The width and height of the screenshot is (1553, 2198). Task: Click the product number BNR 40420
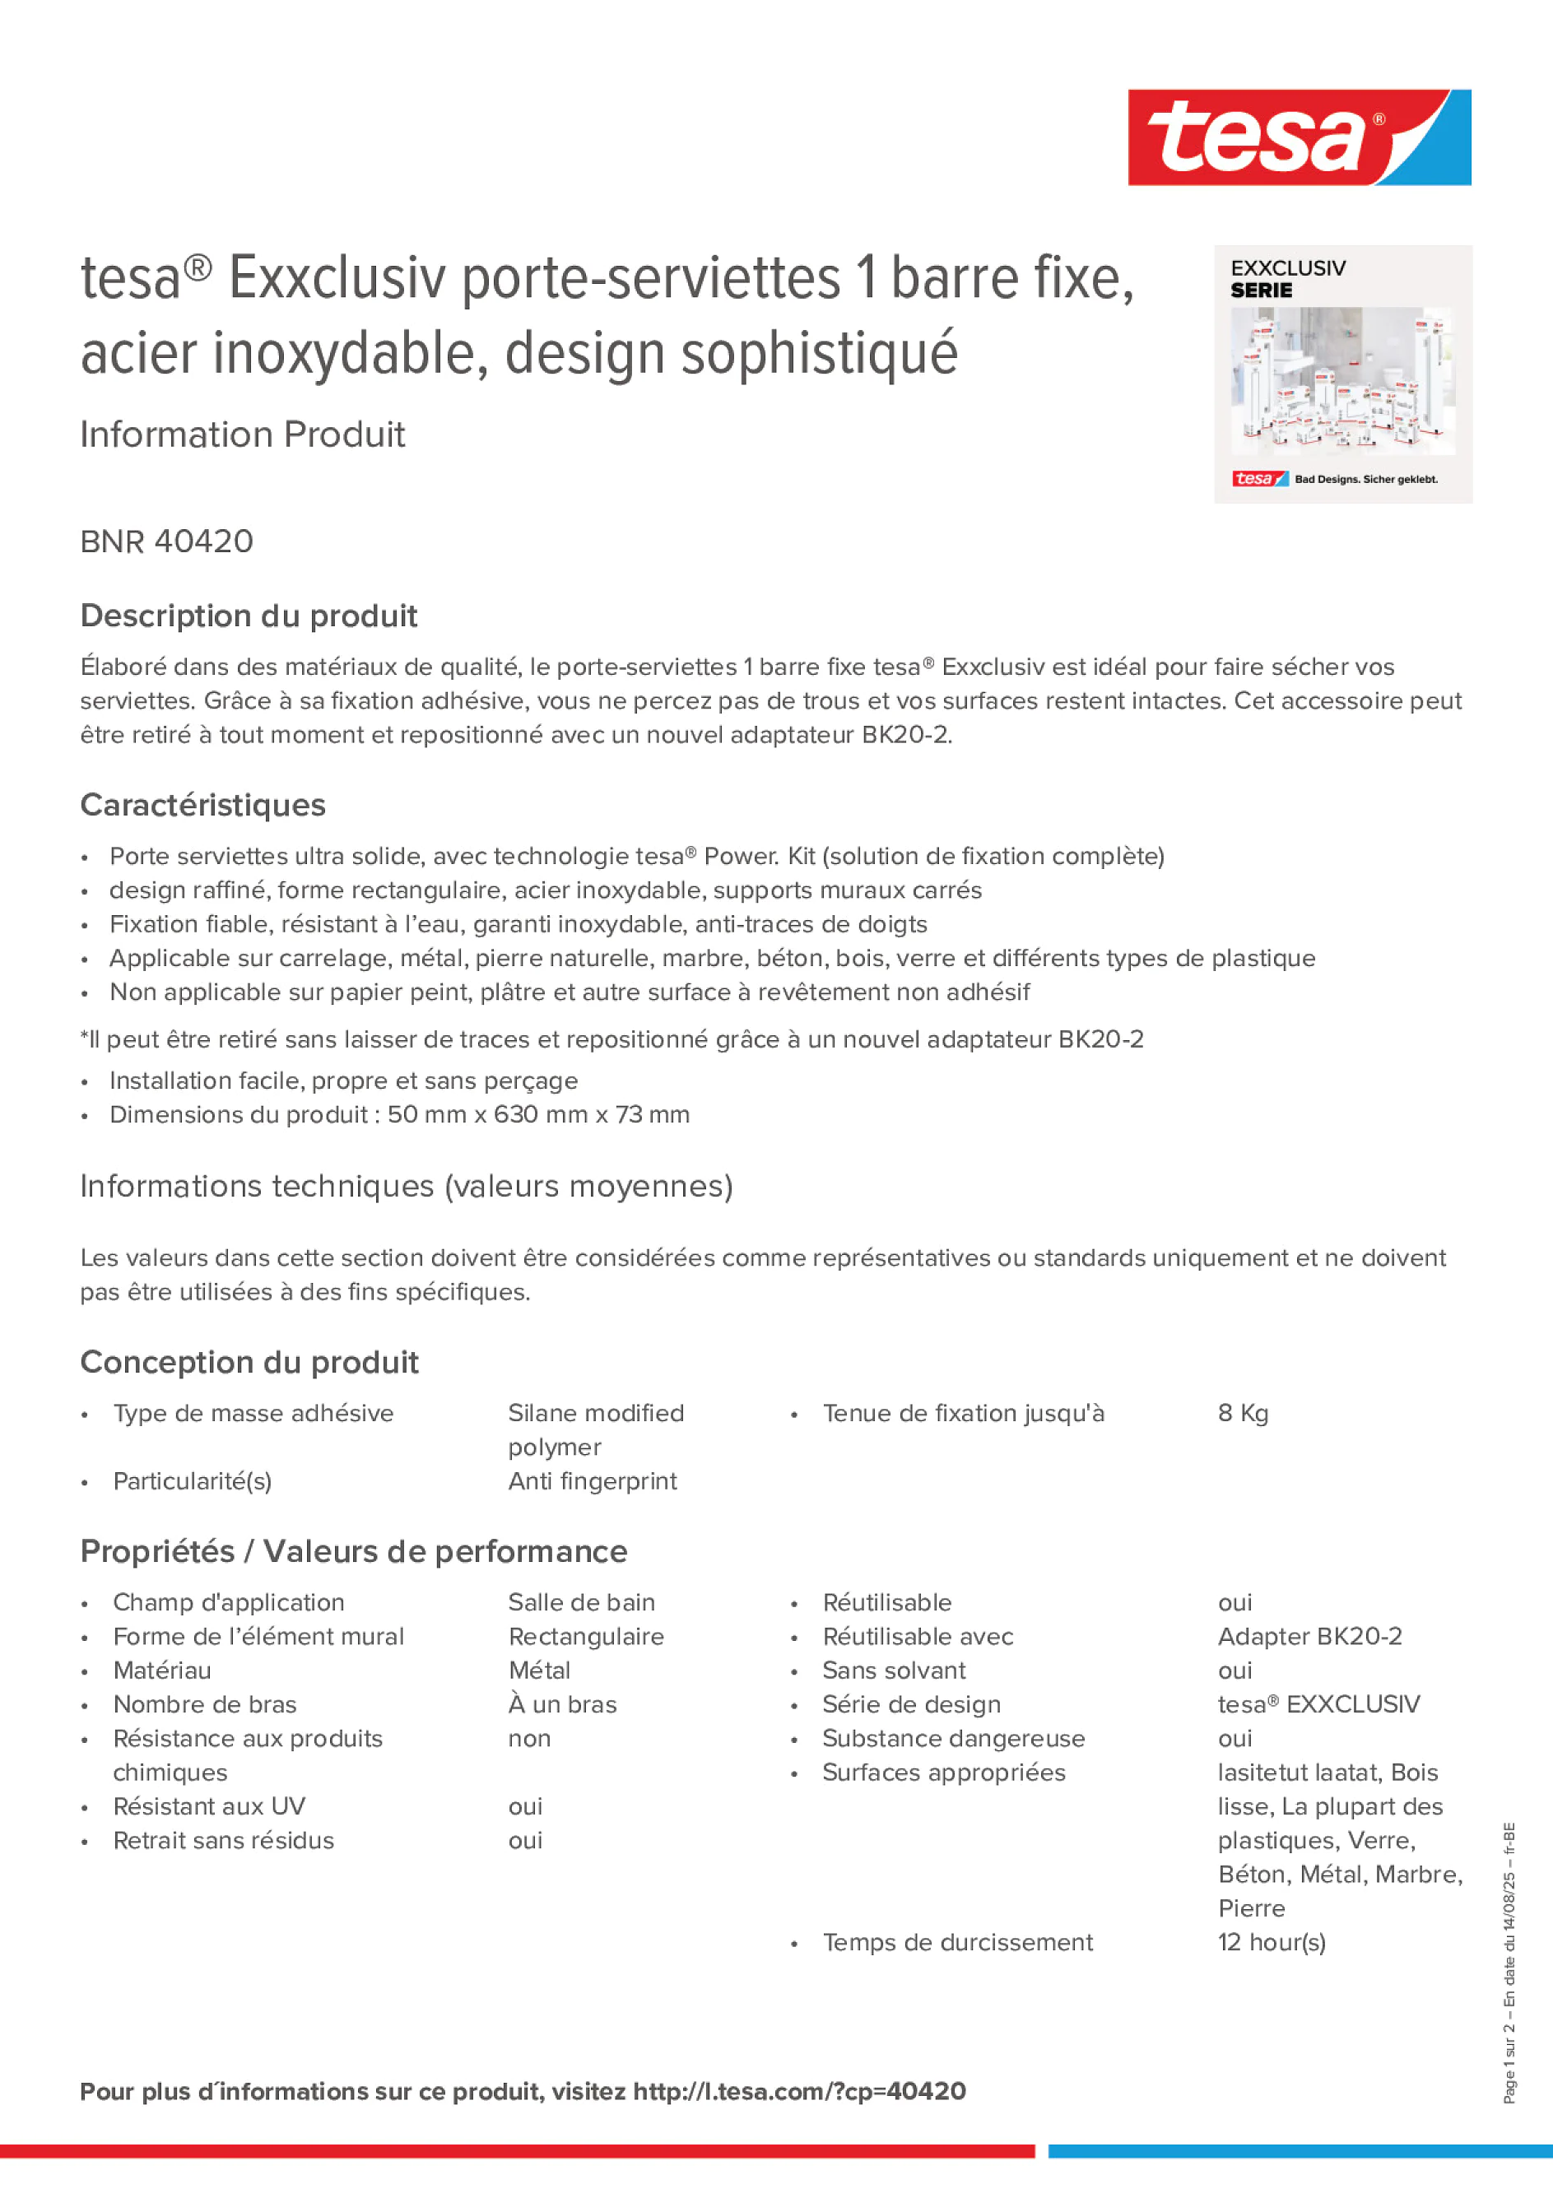(166, 541)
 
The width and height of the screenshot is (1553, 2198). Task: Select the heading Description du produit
(249, 616)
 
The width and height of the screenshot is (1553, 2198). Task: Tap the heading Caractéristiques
(203, 805)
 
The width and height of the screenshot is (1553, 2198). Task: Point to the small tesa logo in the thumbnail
(1259, 479)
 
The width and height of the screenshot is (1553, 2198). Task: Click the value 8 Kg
(1242, 1413)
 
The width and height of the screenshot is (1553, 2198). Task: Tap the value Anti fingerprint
(592, 1481)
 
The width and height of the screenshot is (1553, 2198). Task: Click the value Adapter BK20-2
(1309, 1636)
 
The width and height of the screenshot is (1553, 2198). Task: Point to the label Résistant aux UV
(209, 1806)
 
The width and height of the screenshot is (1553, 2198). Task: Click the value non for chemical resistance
(528, 1739)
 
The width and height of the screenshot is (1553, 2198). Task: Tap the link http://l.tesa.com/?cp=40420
(798, 2092)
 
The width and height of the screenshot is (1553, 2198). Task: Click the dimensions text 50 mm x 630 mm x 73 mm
(538, 1114)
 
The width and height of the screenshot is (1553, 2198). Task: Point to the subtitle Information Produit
(242, 434)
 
